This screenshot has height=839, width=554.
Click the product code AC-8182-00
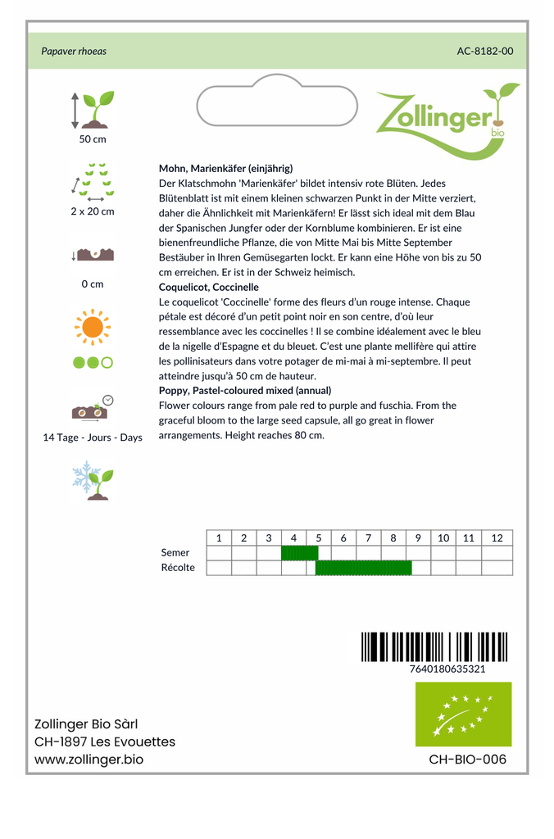pos(485,51)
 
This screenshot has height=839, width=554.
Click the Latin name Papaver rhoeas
pos(74,51)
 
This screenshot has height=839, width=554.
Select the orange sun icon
pos(92,327)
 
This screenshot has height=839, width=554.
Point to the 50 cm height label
pos(93,139)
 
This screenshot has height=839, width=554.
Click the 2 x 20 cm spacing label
pos(93,211)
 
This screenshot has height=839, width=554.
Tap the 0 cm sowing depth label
pos(93,284)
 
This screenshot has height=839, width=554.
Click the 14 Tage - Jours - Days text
pos(93,438)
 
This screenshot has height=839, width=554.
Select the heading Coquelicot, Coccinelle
pos(209,288)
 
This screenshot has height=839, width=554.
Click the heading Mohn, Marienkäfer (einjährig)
pos(225,168)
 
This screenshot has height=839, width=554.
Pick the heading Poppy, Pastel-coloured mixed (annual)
pos(245,391)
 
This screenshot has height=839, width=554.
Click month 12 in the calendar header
pos(497,538)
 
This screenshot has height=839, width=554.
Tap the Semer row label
pos(175,553)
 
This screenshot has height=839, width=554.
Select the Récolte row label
pos(179,568)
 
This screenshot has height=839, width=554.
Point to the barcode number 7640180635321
pos(447,669)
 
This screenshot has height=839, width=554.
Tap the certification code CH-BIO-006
pos(468,760)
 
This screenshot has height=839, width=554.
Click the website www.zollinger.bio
pos(89,760)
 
